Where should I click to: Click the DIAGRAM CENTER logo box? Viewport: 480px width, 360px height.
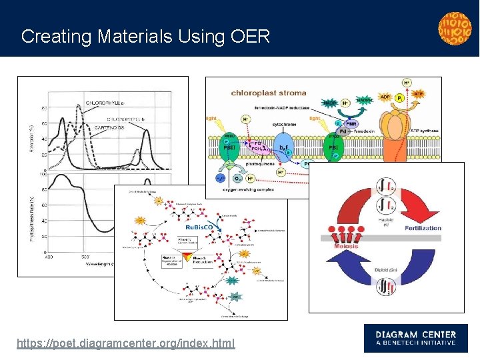415,338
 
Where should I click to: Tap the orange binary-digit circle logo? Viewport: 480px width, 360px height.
454,27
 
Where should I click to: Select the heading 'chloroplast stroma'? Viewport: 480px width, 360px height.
269,93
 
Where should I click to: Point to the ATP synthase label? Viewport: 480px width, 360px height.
424,131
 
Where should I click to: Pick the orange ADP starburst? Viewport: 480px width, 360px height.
385,97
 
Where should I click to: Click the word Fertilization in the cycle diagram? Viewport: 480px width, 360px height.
423,228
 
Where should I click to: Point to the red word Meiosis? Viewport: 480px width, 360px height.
345,247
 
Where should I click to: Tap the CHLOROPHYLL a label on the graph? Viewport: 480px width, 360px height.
104,102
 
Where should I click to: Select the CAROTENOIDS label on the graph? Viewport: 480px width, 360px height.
109,127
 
